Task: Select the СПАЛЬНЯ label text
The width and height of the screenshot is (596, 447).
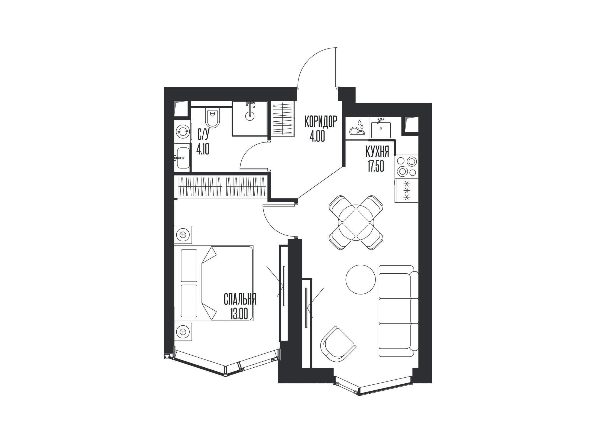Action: pos(240,300)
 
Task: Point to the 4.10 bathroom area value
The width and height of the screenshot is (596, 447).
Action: pos(203,149)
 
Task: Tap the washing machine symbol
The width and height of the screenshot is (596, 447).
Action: pos(182,132)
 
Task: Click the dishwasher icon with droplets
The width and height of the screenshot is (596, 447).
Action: pos(357,128)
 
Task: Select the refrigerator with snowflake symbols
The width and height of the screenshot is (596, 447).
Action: pos(407,190)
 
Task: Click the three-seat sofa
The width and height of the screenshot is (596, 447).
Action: pos(399,311)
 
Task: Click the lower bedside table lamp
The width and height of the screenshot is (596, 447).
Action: pos(183,331)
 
